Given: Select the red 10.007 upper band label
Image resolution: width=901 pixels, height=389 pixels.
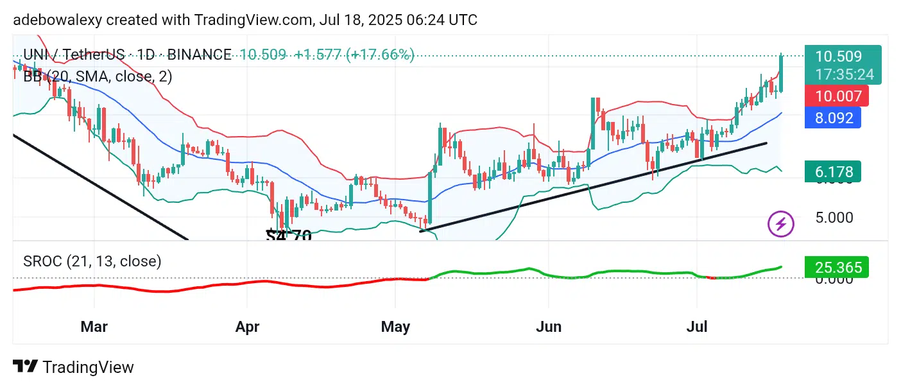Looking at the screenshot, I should click(x=838, y=96).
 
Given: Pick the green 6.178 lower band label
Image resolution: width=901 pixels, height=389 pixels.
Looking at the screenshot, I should click(x=834, y=171).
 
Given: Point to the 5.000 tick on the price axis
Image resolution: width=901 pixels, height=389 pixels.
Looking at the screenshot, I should click(x=834, y=218).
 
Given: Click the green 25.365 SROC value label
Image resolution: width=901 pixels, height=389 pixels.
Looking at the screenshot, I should click(x=837, y=267).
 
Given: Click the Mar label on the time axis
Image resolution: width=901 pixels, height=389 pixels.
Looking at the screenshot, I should click(x=94, y=327).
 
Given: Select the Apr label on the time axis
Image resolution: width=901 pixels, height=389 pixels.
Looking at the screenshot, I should click(x=247, y=327).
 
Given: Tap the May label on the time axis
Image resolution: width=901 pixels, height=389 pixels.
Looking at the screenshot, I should click(x=395, y=327).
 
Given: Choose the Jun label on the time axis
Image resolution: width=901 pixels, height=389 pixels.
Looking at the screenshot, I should click(x=549, y=327).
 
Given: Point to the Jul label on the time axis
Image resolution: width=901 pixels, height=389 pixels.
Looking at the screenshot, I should click(x=697, y=327).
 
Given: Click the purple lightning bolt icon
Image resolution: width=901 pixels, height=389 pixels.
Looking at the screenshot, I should click(x=781, y=224).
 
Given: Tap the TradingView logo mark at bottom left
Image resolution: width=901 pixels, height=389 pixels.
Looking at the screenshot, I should click(x=25, y=367).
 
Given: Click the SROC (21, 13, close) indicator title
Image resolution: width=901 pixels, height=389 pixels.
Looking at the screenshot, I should click(x=92, y=261).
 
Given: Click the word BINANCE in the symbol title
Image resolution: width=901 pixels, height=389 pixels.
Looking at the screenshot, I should click(x=200, y=55).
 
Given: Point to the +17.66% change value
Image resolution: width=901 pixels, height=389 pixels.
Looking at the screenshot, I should click(x=380, y=55).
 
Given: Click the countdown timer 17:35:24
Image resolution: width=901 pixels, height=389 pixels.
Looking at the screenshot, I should click(x=845, y=74).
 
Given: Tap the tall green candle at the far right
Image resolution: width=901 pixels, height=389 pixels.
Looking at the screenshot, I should click(x=781, y=73).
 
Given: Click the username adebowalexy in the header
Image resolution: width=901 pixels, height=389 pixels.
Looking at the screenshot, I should click(x=56, y=20).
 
